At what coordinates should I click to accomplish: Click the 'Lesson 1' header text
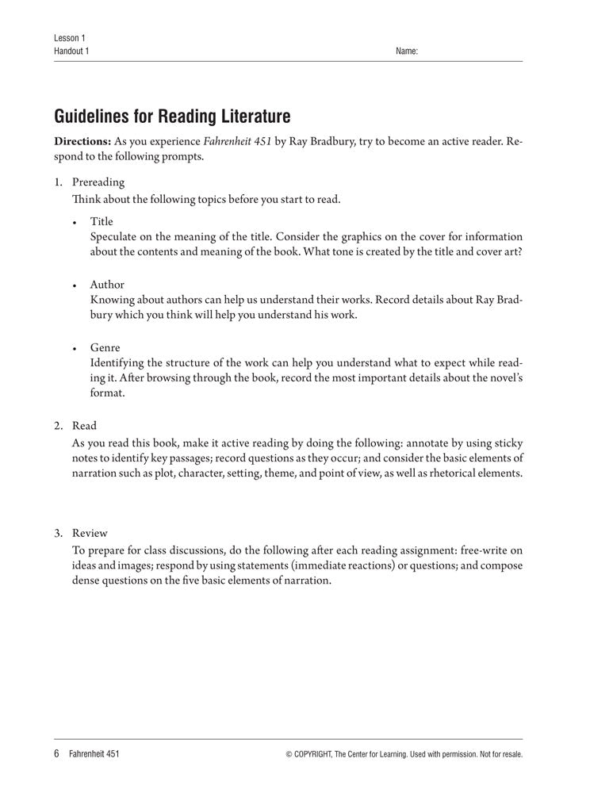(x=69, y=38)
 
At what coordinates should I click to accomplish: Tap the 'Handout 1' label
(x=72, y=52)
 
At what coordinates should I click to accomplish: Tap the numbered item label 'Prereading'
(x=98, y=182)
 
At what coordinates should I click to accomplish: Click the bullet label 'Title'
(x=102, y=221)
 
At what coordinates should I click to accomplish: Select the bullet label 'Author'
(x=107, y=284)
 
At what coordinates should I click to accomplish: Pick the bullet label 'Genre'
(x=105, y=347)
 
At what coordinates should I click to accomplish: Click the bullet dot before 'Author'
(x=75, y=285)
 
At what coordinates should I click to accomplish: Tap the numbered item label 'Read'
(x=84, y=426)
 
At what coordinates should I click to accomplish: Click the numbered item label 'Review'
(x=90, y=533)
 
